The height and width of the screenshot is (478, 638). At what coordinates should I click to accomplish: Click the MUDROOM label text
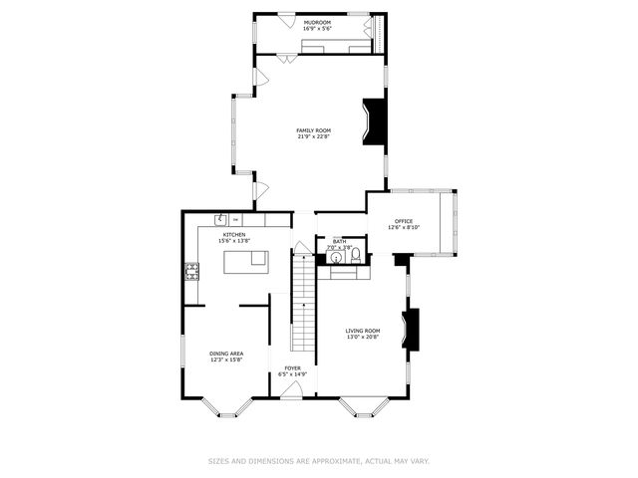coord(318,22)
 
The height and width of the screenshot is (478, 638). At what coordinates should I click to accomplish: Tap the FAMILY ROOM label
coord(313,130)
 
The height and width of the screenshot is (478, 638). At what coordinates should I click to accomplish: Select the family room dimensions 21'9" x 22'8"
coord(313,136)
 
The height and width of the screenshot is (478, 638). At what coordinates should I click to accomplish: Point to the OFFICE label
coord(404,221)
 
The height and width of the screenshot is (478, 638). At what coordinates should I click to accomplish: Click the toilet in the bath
coord(354,256)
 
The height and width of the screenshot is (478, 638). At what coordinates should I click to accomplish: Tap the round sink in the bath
coord(335,256)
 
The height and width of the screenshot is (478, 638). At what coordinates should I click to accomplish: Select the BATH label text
coord(339,240)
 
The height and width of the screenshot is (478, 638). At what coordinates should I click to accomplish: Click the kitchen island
coord(245,262)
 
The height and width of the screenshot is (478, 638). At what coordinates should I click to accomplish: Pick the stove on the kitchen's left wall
coord(190,270)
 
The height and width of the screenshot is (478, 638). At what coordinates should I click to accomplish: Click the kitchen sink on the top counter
coord(220,219)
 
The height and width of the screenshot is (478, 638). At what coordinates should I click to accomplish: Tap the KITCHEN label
coord(234,235)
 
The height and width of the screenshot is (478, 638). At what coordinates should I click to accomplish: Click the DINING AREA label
coord(226,354)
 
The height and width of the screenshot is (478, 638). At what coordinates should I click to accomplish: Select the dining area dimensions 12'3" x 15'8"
coord(226,359)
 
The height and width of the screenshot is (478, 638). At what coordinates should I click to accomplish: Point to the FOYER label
coord(292,368)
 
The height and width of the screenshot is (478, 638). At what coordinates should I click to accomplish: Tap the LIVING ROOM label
coord(363,331)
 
